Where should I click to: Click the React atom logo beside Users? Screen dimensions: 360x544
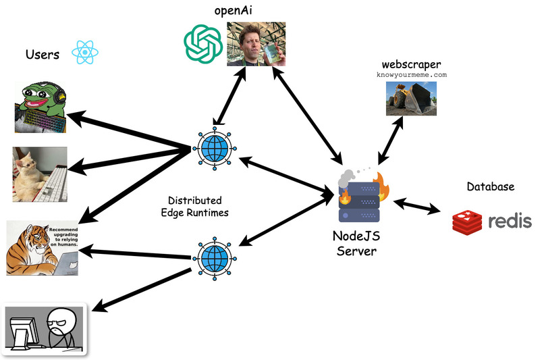[x=86, y=52]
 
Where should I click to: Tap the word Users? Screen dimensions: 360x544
[x=42, y=54]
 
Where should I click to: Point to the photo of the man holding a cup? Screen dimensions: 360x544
[x=256, y=44]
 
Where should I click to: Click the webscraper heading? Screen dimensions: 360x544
[x=411, y=64]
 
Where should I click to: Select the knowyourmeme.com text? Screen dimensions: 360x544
[x=412, y=75]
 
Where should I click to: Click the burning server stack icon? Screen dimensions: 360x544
[x=360, y=196]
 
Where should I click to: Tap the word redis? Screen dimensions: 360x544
[x=510, y=221]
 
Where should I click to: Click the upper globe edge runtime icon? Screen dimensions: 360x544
[x=214, y=149]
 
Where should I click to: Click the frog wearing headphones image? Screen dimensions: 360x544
[x=41, y=106]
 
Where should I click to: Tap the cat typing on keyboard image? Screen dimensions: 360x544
[x=40, y=174]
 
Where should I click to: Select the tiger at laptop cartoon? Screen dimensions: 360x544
[x=43, y=247]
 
